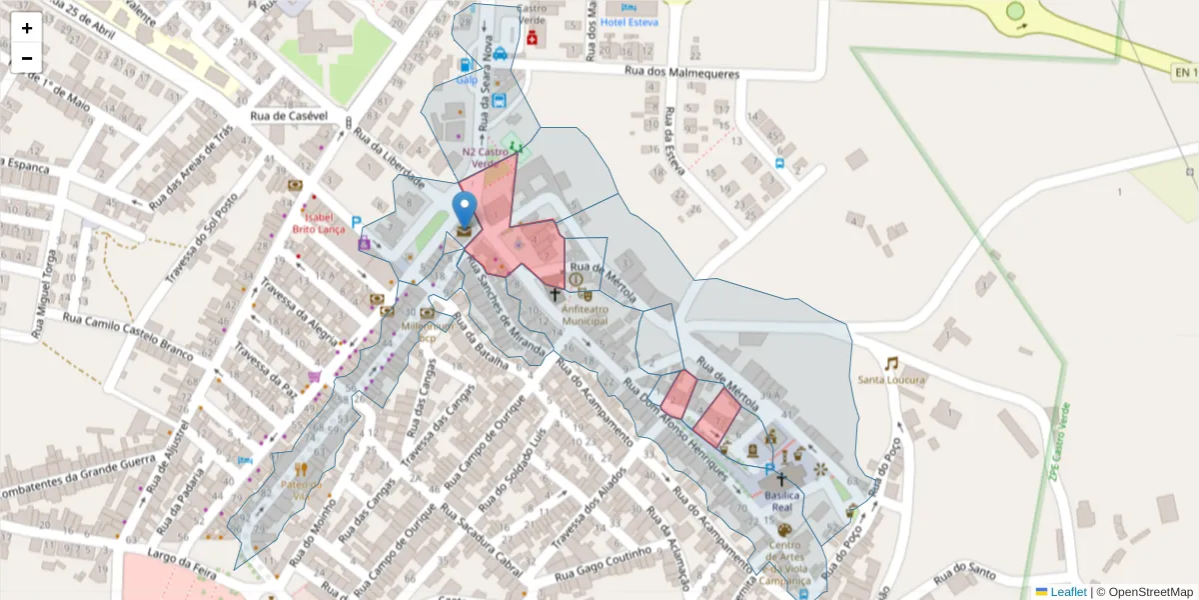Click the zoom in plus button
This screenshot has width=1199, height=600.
tap(26, 28)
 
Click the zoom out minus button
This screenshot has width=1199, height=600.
tap(26, 58)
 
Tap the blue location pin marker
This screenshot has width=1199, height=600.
tap(465, 211)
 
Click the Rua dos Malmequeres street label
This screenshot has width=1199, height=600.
tap(681, 73)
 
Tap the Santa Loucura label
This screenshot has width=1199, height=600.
tap(891, 380)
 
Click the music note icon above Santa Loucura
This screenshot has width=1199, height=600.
tap(890, 363)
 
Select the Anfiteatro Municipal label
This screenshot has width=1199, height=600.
tap(585, 315)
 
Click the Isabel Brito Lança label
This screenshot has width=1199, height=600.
tap(318, 222)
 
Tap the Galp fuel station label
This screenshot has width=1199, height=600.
tap(467, 80)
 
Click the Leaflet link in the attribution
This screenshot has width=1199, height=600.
tap(1067, 592)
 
